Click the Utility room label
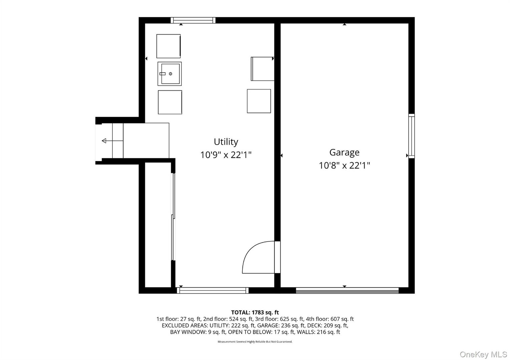coord(226,142)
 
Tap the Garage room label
coord(344,152)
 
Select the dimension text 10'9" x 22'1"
coord(226,155)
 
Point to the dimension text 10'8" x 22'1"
coord(344,166)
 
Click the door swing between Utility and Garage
coord(258,257)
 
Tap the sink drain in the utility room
coord(171,74)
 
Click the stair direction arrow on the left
coord(104,141)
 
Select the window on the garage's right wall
coord(412,136)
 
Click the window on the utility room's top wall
coord(193,20)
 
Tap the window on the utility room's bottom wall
coord(212,290)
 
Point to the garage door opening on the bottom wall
coord(347,290)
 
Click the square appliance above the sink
coord(168,46)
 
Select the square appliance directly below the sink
coord(170,102)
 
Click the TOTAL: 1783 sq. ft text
coord(255,312)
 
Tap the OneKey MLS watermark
coord(483,354)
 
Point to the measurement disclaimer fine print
coord(255,342)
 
